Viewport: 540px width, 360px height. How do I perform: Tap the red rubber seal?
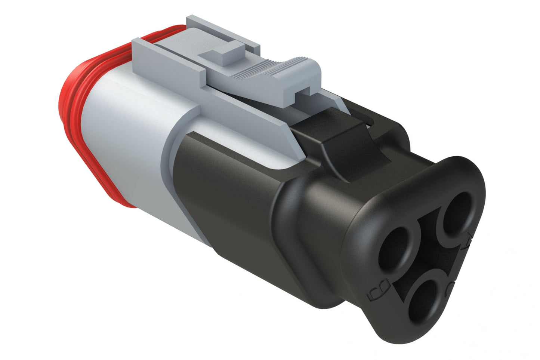pos(69,112)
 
